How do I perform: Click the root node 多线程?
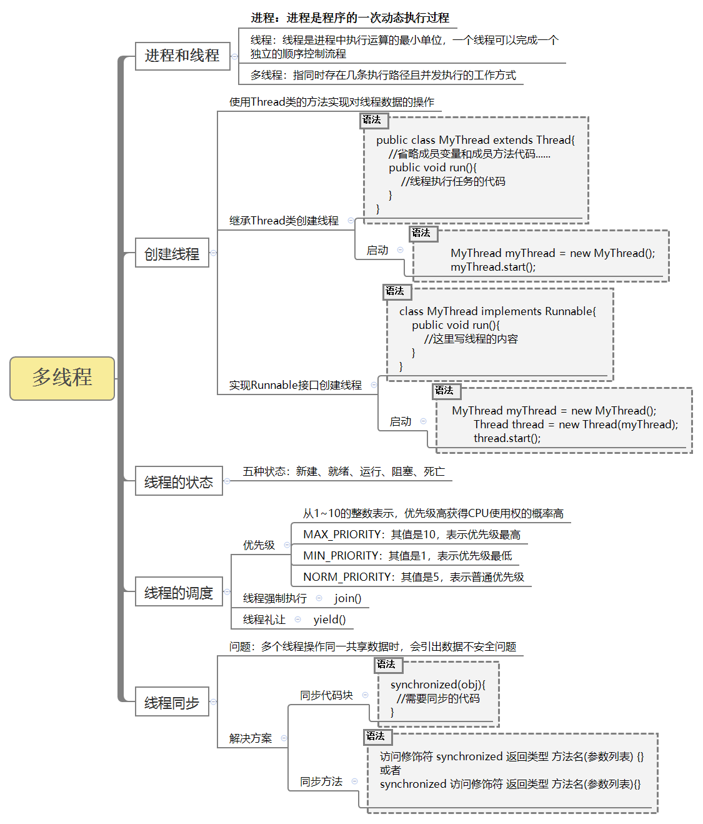[62, 378]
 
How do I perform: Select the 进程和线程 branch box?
[182, 56]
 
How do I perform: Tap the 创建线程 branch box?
[172, 253]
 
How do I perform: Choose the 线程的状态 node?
[179, 481]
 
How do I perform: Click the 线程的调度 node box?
[179, 592]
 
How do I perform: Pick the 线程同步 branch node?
[172, 703]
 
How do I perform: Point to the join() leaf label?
[347, 598]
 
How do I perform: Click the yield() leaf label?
[329, 620]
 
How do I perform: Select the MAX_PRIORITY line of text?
[411, 535]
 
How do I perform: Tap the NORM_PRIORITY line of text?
[413, 577]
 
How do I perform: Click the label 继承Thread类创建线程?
[284, 221]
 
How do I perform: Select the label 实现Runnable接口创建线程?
[295, 385]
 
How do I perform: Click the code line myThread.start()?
[493, 267]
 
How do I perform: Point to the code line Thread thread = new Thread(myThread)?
[576, 425]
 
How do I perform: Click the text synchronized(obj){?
[437, 685]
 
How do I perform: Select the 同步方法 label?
[321, 781]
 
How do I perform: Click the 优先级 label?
[259, 545]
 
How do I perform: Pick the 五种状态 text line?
[344, 471]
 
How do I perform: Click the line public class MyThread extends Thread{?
[475, 140]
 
